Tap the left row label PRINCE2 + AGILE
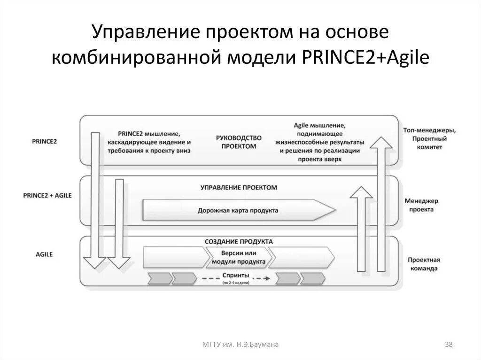(47, 195)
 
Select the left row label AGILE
(44, 254)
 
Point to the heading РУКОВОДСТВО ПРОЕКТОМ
(239, 142)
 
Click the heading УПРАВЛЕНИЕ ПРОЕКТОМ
(239, 187)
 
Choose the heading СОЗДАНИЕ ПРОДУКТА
(239, 241)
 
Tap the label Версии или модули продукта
(239, 258)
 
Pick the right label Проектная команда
(423, 264)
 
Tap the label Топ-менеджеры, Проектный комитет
(428, 138)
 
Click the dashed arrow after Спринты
(261, 278)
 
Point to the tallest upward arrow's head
(381, 143)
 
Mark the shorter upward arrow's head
(361, 192)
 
